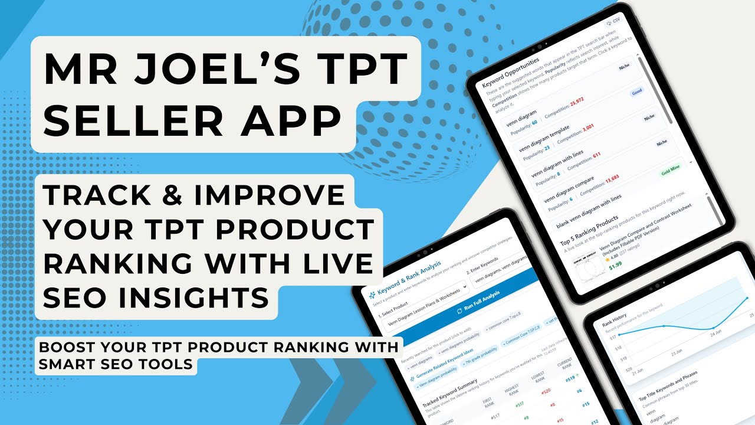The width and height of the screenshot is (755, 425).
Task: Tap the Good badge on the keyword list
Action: [636, 92]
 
